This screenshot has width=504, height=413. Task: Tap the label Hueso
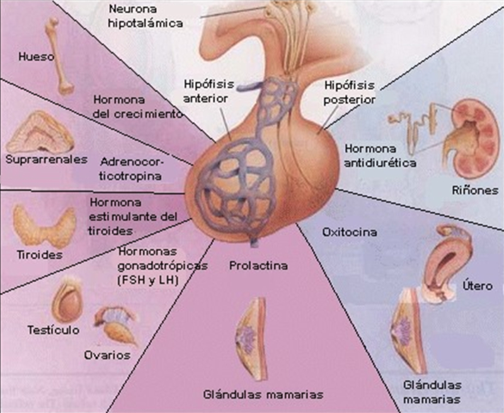click(x=37, y=57)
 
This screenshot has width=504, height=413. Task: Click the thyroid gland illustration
click(x=41, y=226)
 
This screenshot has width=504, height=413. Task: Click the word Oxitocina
click(x=350, y=232)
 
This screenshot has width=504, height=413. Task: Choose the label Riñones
click(x=473, y=190)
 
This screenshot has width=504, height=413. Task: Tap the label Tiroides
click(x=38, y=255)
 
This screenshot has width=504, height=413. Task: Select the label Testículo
click(x=52, y=329)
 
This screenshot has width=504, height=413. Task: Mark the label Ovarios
click(x=107, y=355)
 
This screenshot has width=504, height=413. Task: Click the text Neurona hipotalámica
click(x=146, y=16)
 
